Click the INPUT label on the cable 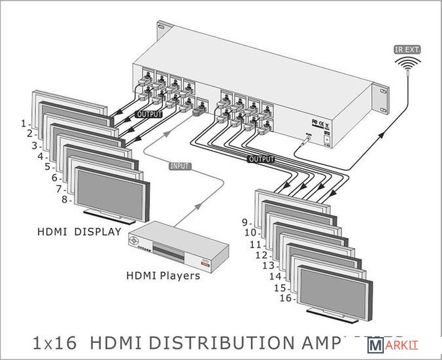click(x=179, y=167)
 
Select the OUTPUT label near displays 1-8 click(x=148, y=115)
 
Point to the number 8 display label click(x=65, y=200)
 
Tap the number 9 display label click(x=245, y=222)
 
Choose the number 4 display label click(x=41, y=156)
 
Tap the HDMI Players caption click(x=163, y=276)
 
